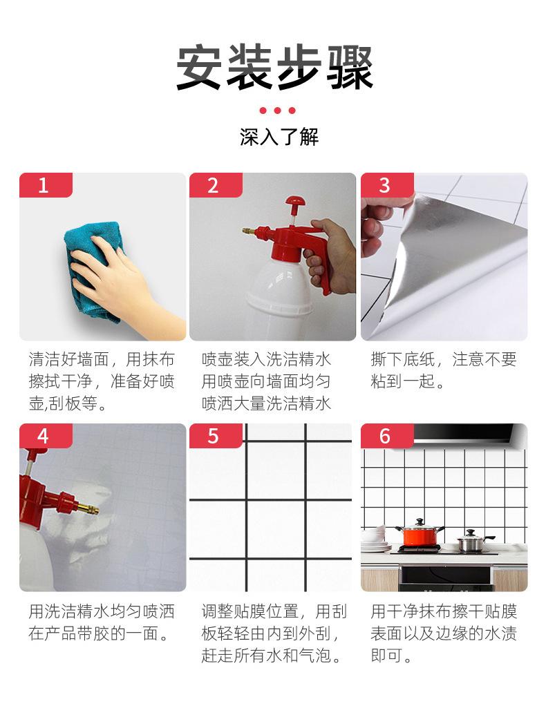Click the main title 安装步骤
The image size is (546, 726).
coord(274,68)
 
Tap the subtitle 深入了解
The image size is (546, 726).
coord(279,137)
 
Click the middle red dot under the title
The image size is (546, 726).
coord(277,111)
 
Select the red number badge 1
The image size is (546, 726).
coord(46,185)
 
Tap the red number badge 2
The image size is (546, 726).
coord(216,185)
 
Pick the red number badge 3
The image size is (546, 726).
coord(387,185)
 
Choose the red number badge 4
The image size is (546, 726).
coord(46,436)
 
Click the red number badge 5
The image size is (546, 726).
coord(216,436)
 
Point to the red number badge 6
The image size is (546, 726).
coord(387,436)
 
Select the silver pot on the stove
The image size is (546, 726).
coord(471,542)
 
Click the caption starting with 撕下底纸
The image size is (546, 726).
coord(443,370)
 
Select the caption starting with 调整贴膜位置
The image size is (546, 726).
coord(273,633)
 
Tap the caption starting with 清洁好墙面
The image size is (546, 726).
coord(102,381)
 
